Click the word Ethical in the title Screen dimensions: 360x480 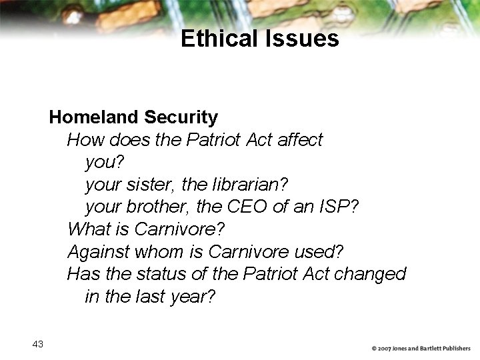pos(217,39)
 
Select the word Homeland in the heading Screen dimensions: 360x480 pos(94,117)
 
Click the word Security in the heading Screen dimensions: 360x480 pos(181,117)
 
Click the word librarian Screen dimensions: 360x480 pos(255,184)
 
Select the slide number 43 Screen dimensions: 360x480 pos(37,344)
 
